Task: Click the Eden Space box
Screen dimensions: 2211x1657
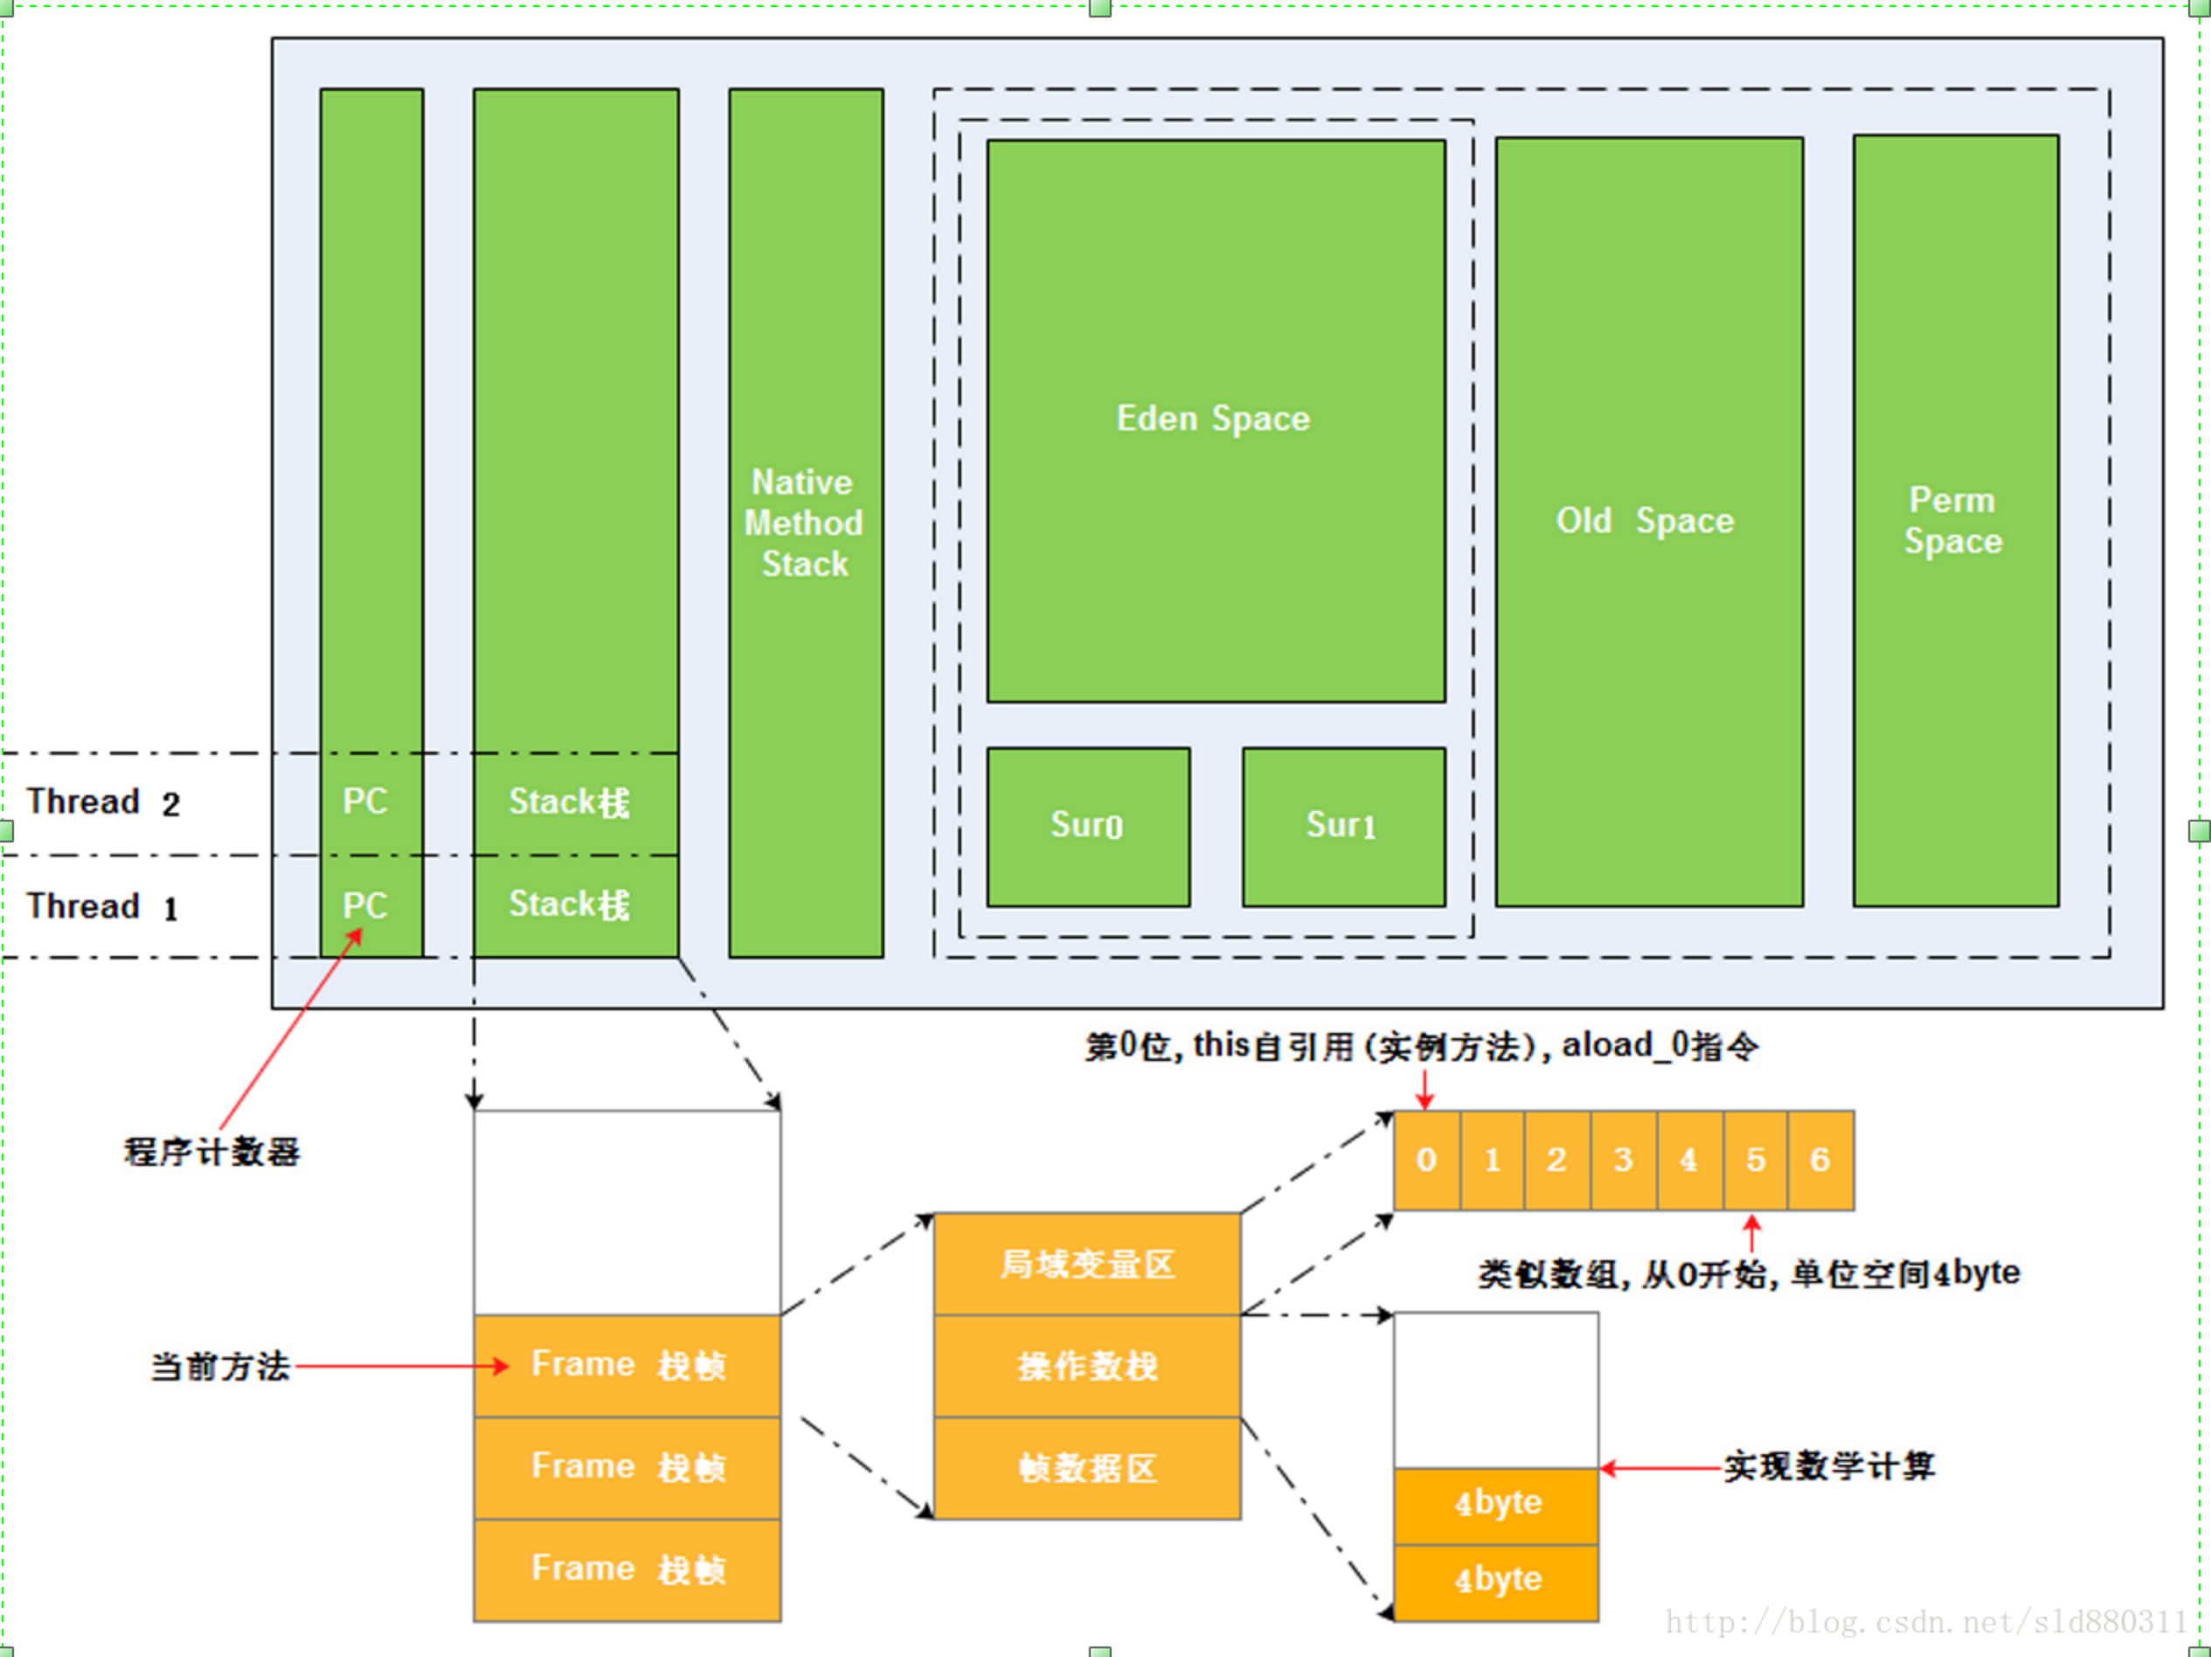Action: pyautogui.click(x=1216, y=420)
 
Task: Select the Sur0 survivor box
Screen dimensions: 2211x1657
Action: pyautogui.click(x=1089, y=827)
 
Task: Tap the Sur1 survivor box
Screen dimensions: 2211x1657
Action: pyautogui.click(x=1343, y=827)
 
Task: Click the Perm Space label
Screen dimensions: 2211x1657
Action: pyautogui.click(x=1953, y=520)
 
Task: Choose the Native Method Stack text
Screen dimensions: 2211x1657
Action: pyautogui.click(x=805, y=523)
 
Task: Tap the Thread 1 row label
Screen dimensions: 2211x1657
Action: pyautogui.click(x=102, y=906)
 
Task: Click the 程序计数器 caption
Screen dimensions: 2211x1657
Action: pyautogui.click(x=211, y=1151)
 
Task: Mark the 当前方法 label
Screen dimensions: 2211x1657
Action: pyautogui.click(x=220, y=1366)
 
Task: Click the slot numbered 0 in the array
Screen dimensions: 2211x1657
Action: pyautogui.click(x=1426, y=1161)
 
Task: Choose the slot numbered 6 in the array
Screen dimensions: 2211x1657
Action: pyautogui.click(x=1821, y=1161)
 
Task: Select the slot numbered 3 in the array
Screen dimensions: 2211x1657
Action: pyautogui.click(x=1623, y=1161)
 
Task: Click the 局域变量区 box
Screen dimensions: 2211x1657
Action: pyautogui.click(x=1087, y=1265)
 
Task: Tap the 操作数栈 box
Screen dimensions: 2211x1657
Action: pyautogui.click(x=1087, y=1366)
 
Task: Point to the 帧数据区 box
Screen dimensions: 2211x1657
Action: pyautogui.click(x=1087, y=1468)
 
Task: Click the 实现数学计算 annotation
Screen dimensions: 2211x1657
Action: pyautogui.click(x=1829, y=1466)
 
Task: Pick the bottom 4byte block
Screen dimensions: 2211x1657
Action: pyautogui.click(x=1496, y=1582)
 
